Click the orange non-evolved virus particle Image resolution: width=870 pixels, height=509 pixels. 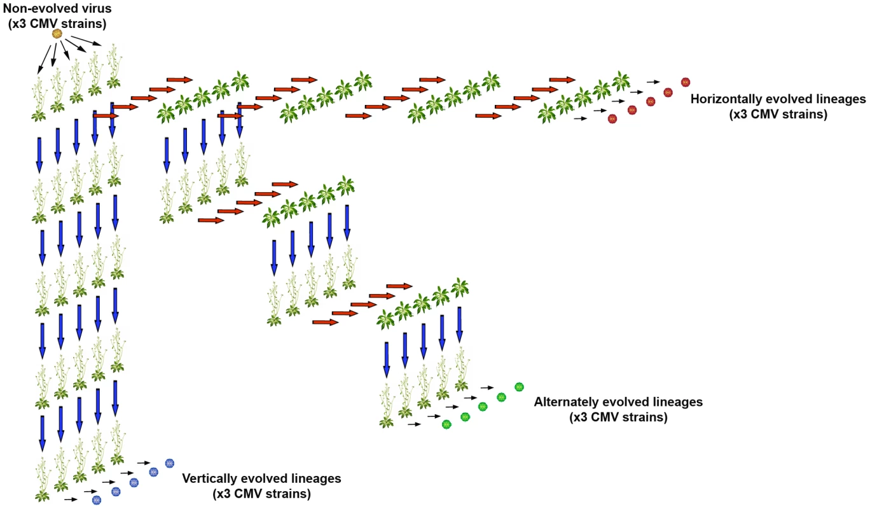pyautogui.click(x=57, y=34)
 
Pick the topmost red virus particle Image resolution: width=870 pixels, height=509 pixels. pyautogui.click(x=686, y=82)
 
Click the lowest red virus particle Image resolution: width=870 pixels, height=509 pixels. pyautogui.click(x=612, y=119)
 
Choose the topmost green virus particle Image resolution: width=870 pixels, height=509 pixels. pyautogui.click(x=520, y=387)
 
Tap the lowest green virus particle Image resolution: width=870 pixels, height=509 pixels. pyautogui.click(x=446, y=424)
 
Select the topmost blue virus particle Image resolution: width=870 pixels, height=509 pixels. pyautogui.click(x=170, y=463)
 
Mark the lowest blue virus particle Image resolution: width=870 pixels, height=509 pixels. pyautogui.click(x=97, y=500)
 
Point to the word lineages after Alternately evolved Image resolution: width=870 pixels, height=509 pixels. pyautogui.click(x=677, y=401)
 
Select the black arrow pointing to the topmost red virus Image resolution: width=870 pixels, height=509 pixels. pyautogui.click(x=654, y=82)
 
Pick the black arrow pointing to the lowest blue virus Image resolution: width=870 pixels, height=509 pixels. pyautogui.click(x=71, y=499)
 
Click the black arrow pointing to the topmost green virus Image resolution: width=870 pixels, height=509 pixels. pyautogui.click(x=487, y=387)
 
